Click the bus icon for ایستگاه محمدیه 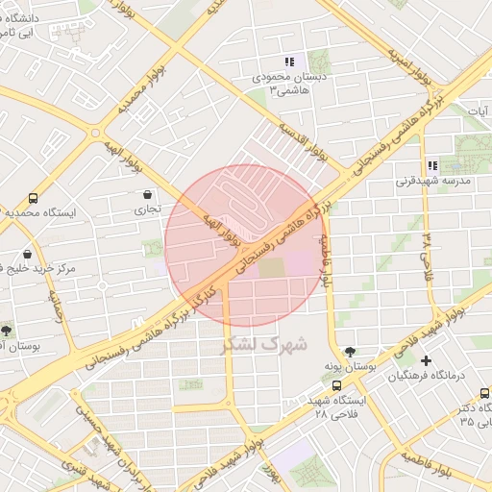point(35,198)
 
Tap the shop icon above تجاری point(146,194)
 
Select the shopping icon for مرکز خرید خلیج point(27,255)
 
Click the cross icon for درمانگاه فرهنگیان point(426,360)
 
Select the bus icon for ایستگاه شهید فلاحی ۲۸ point(335,385)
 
